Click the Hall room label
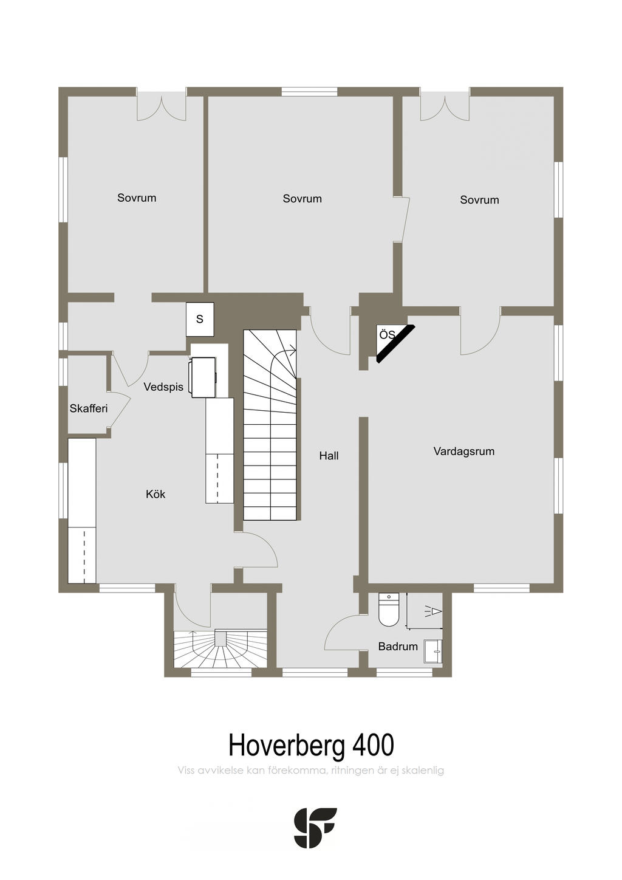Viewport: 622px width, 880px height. tap(329, 456)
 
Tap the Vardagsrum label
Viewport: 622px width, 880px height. tap(463, 452)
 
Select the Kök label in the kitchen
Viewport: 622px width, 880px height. tap(155, 494)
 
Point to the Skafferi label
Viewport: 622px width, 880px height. tap(89, 408)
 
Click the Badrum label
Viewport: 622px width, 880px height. tap(398, 647)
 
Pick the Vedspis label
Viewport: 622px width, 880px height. tap(163, 387)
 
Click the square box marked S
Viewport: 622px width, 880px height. tap(200, 319)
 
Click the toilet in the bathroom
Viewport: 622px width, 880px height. tap(388, 610)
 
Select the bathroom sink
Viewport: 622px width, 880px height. tap(433, 650)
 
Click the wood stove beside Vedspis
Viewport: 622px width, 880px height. tap(204, 377)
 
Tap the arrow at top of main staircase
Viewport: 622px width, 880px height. tap(293, 349)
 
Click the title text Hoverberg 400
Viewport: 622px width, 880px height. tap(311, 744)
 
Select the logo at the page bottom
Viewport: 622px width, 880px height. tap(315, 828)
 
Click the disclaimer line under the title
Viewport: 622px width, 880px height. tap(311, 771)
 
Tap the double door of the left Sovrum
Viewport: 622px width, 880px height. tap(161, 106)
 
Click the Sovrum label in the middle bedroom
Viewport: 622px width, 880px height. tap(302, 199)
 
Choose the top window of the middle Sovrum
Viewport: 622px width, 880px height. tap(309, 92)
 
